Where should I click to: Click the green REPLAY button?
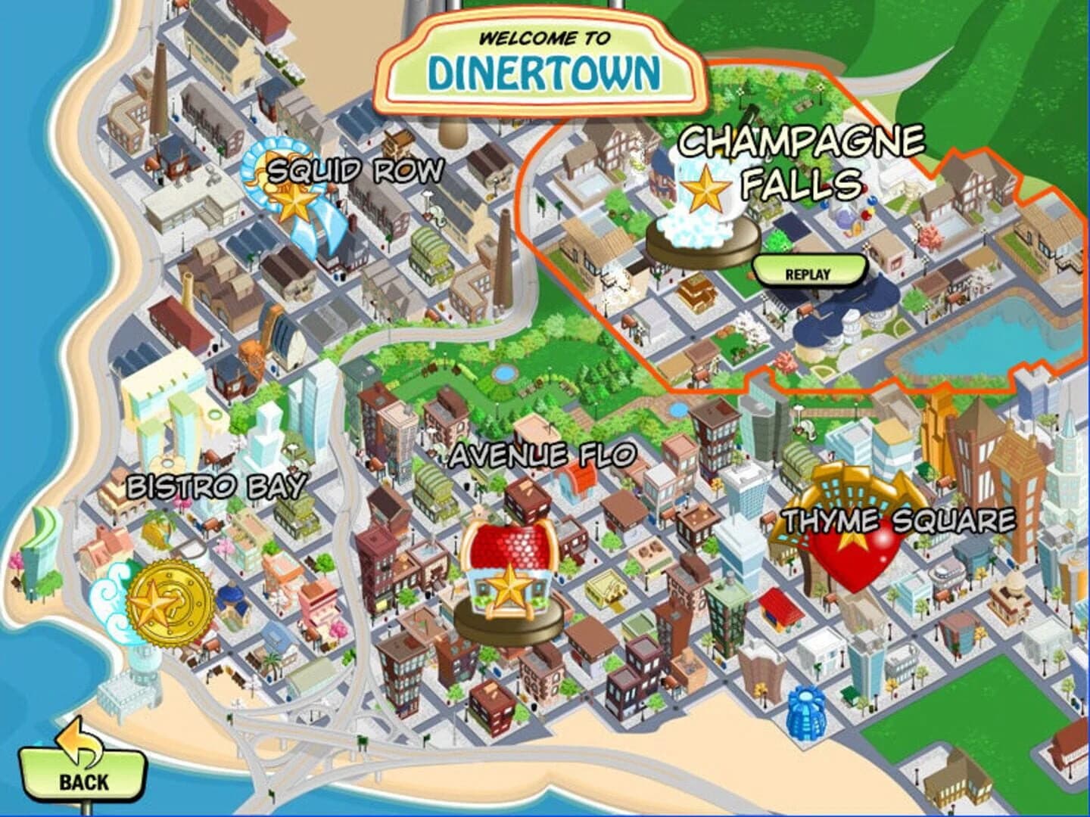(x=808, y=273)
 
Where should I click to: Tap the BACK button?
(x=82, y=772)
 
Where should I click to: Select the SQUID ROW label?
(x=356, y=171)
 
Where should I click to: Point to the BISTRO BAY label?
(x=216, y=486)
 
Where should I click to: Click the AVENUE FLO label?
(x=542, y=455)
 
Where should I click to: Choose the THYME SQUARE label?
(x=899, y=520)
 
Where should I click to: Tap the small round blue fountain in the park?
(x=502, y=374)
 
